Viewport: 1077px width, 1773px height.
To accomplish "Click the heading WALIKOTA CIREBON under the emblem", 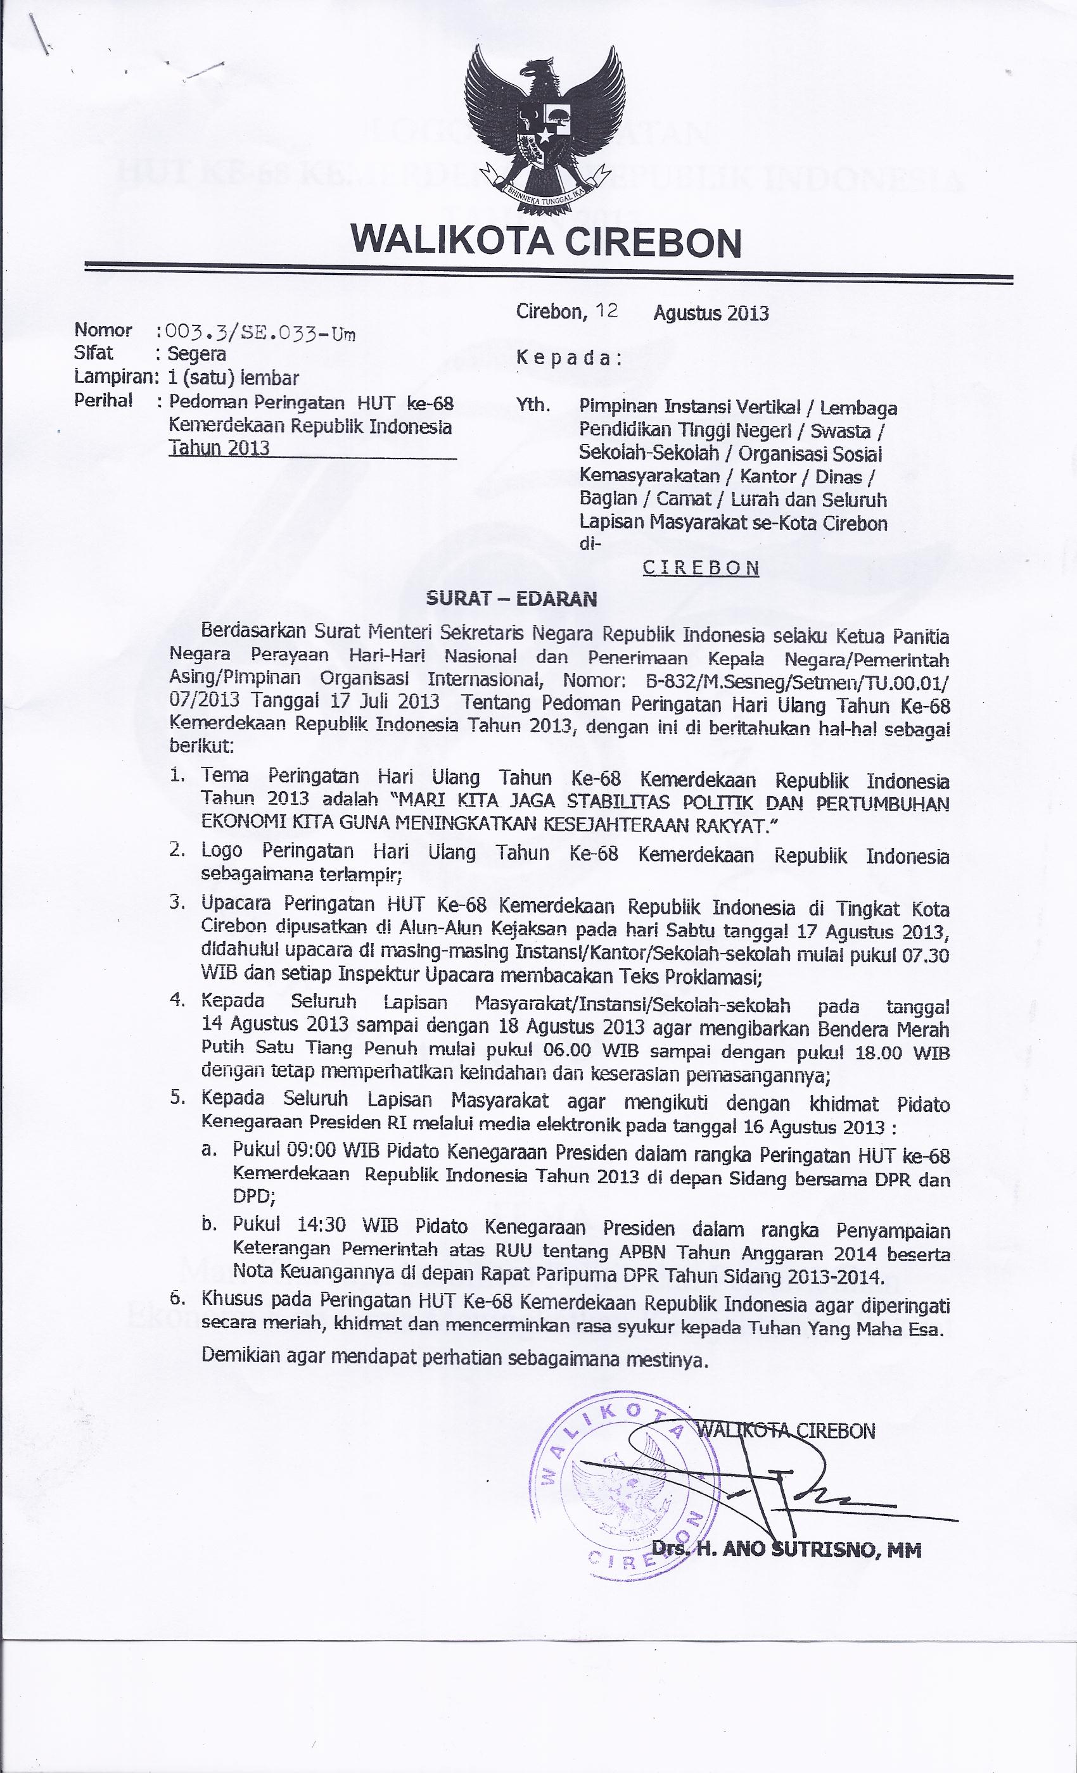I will point(545,242).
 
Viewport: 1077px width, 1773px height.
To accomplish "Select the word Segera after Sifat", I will point(196,354).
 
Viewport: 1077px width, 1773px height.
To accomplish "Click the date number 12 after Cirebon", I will point(607,311).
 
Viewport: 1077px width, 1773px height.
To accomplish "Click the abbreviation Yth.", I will point(533,406).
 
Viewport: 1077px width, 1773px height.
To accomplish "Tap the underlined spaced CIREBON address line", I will point(701,568).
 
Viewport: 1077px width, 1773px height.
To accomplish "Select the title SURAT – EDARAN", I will point(511,598).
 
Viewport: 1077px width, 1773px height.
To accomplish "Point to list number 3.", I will point(178,902).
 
